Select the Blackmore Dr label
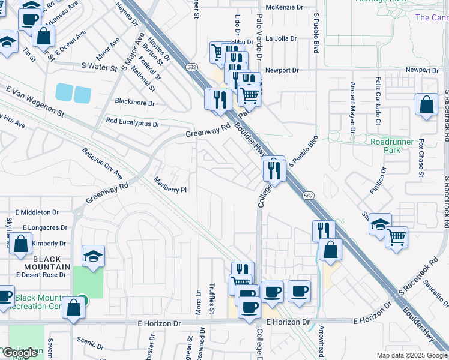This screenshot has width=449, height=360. tap(134, 103)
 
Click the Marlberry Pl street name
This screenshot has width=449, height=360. tap(170, 185)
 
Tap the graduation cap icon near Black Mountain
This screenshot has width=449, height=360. tap(93, 256)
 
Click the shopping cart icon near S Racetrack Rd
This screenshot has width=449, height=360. tap(396, 237)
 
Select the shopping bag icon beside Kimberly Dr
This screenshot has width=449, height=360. tap(20, 244)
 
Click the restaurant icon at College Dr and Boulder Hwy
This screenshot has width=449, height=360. tap(274, 170)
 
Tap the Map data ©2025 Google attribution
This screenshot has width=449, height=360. tap(411, 355)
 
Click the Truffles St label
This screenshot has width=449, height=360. tap(212, 299)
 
